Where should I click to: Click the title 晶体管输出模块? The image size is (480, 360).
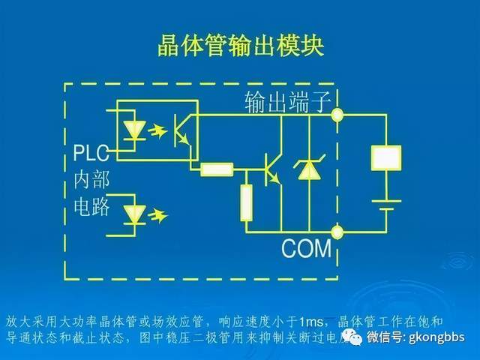coord(240,45)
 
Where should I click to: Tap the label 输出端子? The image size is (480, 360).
coord(287,103)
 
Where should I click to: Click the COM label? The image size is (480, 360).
coord(306,247)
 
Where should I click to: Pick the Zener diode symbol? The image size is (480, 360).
coord(305,171)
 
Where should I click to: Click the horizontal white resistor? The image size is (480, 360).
coord(217,169)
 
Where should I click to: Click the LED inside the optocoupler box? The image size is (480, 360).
coord(135,128)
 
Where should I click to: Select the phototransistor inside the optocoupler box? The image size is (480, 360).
coord(181,130)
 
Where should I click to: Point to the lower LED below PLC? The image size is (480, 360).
coord(135,214)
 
